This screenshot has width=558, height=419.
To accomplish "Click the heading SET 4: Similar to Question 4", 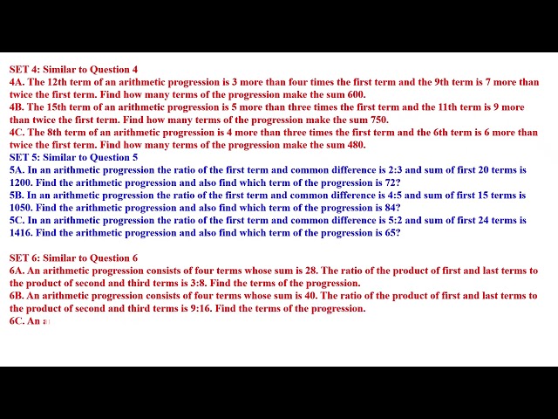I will [x=73, y=69].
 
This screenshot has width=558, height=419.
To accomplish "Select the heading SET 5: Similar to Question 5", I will [x=73, y=158].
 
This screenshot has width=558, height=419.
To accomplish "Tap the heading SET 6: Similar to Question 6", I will [x=73, y=258].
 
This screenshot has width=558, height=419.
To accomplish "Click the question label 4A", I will [x=17, y=82].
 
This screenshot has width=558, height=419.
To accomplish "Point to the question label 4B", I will [x=17, y=107].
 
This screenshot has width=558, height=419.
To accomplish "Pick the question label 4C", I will [x=17, y=133].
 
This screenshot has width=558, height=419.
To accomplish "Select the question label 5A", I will [x=17, y=170].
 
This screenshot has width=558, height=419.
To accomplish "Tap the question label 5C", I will [x=17, y=221].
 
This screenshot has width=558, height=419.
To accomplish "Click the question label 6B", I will [x=17, y=296].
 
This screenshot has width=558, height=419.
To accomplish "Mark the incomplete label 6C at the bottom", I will [x=17, y=321].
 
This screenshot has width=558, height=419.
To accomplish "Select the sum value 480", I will [x=355, y=146].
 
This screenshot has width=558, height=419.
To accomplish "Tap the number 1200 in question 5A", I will [x=21, y=183].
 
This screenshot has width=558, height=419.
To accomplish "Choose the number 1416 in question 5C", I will [x=21, y=234].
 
